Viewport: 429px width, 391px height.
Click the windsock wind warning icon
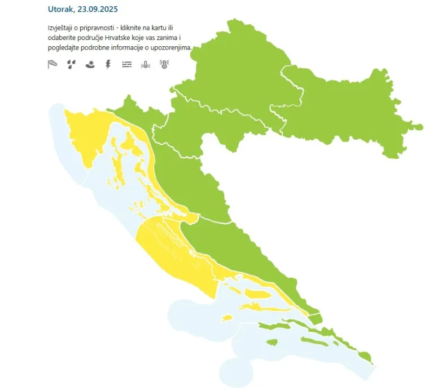[52, 64]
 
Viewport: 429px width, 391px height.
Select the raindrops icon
[71, 64]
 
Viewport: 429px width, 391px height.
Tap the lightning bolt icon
[108, 64]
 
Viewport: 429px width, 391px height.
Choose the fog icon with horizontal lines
[127, 64]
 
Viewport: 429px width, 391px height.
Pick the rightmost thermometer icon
[164, 64]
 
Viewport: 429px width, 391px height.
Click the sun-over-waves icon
[89, 64]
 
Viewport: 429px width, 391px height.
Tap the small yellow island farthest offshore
[227, 318]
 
